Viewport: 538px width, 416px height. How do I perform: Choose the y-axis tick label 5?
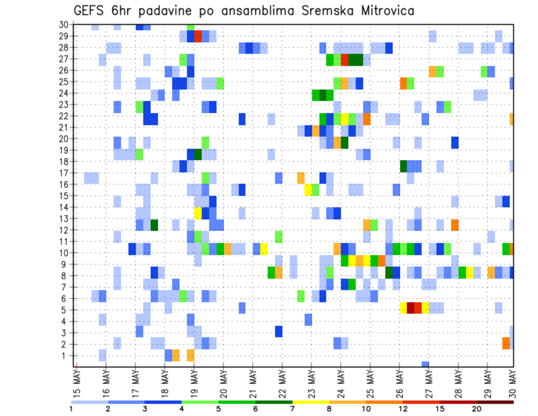coord(65,309)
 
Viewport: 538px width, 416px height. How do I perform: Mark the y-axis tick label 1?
coord(65,355)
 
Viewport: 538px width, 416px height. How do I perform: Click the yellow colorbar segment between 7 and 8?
coord(310,402)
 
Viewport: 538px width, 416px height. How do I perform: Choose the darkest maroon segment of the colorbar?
coord(495,402)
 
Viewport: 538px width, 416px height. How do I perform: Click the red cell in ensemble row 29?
coord(198,36)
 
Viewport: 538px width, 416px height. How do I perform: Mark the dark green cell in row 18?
coord(403,166)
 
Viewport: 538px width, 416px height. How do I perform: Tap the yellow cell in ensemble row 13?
coord(198,212)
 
